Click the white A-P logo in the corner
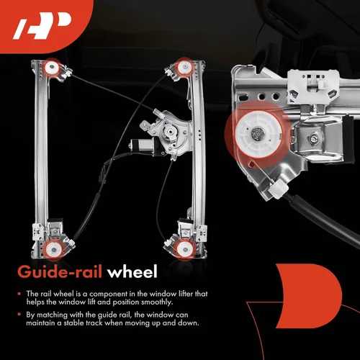[42, 26]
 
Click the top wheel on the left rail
[52, 68]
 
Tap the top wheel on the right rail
[184, 67]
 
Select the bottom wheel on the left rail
[54, 250]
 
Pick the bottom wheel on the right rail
[184, 250]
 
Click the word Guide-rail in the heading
[60, 272]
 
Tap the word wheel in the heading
[132, 271]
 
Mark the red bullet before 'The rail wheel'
[19, 294]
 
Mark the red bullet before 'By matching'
[19, 315]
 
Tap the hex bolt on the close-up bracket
[313, 138]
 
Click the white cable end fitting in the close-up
[278, 189]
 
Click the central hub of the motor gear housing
[170, 131]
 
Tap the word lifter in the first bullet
[186, 294]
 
